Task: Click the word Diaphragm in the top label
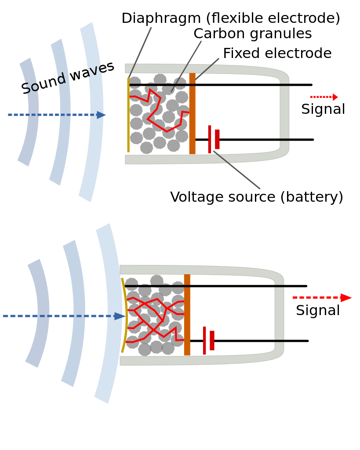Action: coord(161,18)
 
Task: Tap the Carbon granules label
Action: coord(253,34)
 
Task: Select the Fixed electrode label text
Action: coord(277,53)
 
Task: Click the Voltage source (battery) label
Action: coord(257,197)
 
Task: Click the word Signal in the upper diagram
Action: coord(323,109)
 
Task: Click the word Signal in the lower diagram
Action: coord(318,310)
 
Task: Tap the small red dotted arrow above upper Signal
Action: coord(324,97)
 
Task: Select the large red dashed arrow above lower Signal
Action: coord(322,298)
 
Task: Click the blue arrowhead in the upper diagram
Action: coord(101,115)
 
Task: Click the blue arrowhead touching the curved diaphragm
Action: coord(120,316)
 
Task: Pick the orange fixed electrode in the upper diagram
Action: coord(193,113)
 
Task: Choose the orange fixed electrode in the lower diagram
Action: coord(187,315)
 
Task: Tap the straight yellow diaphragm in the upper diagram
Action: coord(128,115)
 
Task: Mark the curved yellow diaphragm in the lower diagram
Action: coord(125,315)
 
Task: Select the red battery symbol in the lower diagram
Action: coord(209,341)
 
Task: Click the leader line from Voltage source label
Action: coord(237,170)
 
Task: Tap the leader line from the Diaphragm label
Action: coord(140,52)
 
